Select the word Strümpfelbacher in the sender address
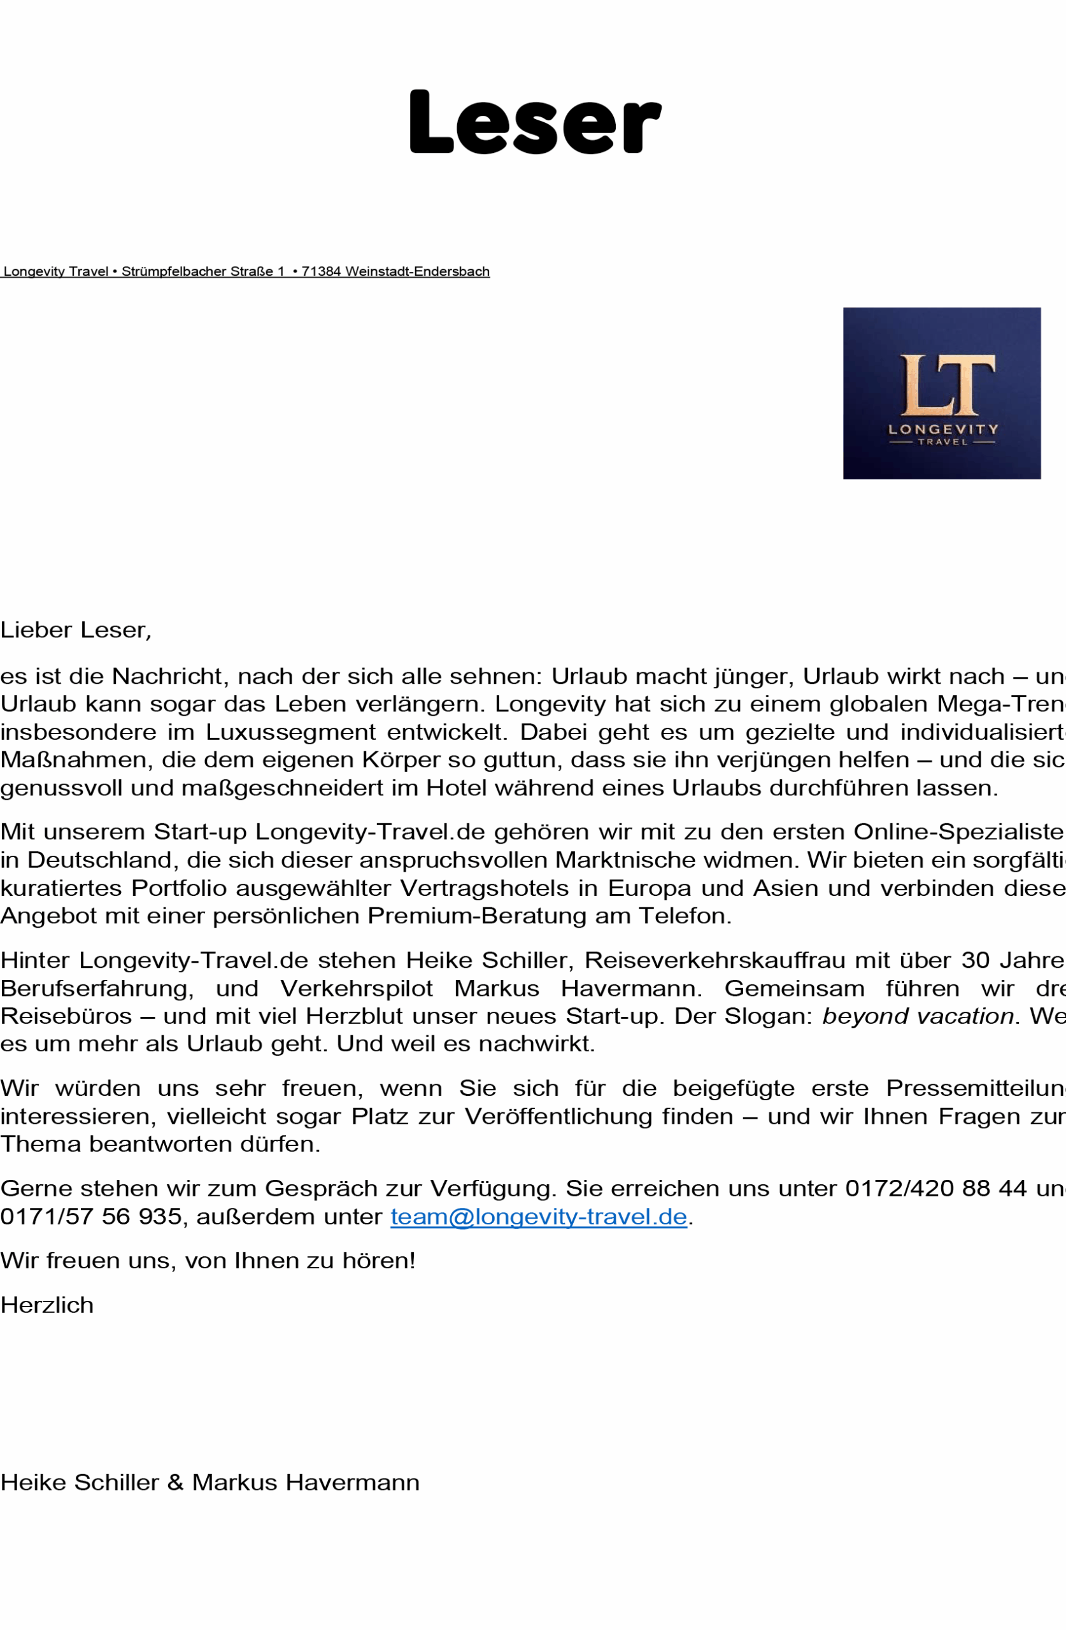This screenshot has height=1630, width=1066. click(174, 271)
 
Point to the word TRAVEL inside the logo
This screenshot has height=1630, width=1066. click(942, 443)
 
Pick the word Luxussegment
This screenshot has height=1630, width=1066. click(290, 732)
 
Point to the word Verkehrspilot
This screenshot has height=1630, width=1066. click(356, 989)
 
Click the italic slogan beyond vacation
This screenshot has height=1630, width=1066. click(918, 1016)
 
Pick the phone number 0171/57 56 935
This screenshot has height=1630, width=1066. click(91, 1217)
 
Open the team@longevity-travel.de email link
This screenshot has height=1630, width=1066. click(539, 1217)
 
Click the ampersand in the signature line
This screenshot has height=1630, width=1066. click(175, 1483)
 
